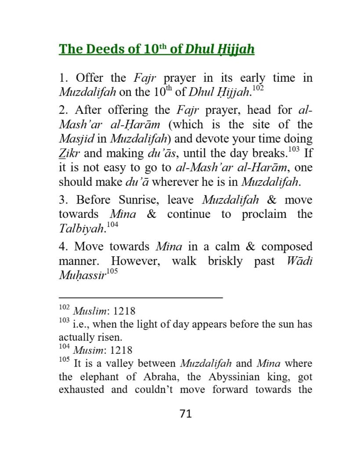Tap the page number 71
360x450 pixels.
[186, 414]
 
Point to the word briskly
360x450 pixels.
[225, 261]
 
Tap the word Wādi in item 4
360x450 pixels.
[299, 261]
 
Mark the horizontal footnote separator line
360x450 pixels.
[141, 298]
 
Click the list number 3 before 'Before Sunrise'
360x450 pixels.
[62, 200]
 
